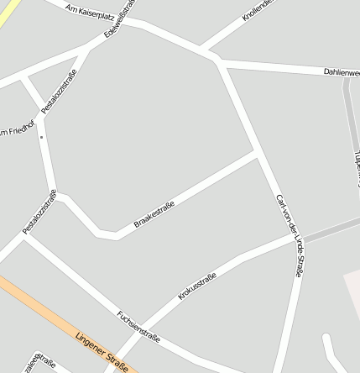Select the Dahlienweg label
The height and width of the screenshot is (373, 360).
(342, 73)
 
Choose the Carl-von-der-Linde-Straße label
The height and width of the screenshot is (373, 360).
(289, 235)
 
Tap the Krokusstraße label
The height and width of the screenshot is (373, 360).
(197, 286)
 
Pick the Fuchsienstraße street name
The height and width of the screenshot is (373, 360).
(138, 325)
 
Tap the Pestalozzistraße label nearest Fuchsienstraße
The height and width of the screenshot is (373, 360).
(39, 212)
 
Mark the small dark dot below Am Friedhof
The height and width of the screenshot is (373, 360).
(40, 137)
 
